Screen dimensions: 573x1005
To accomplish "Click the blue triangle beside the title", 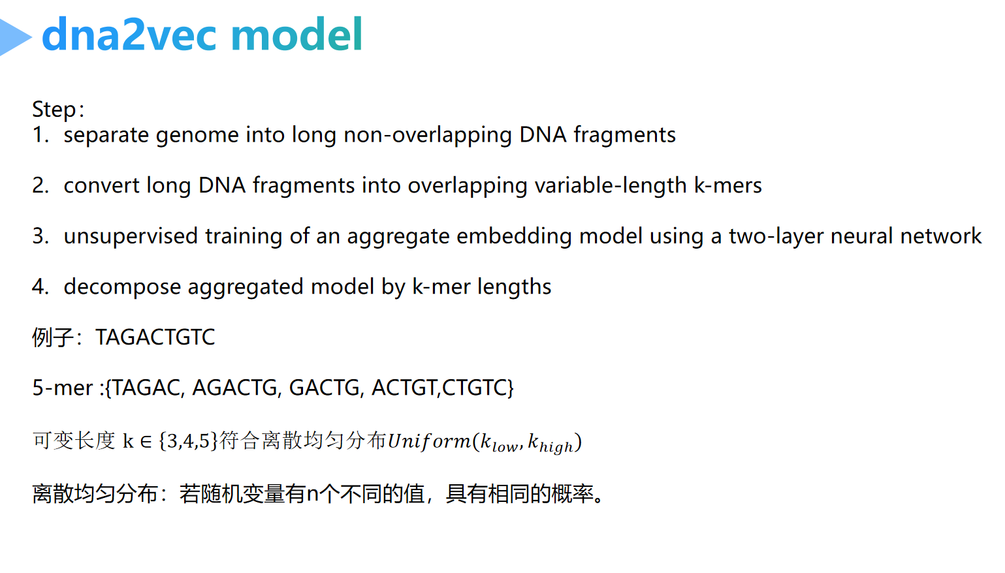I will click(x=14, y=37).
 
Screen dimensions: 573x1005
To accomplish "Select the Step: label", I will click(x=58, y=109).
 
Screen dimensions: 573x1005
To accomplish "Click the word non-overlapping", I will click(x=428, y=135).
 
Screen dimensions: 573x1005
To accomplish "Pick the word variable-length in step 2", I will click(x=610, y=186).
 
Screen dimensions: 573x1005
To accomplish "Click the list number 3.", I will click(x=40, y=236).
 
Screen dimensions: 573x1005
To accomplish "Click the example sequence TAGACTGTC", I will click(x=155, y=337).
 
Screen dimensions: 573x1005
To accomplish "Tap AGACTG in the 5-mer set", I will click(x=234, y=388).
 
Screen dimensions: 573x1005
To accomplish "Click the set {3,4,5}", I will click(x=188, y=441).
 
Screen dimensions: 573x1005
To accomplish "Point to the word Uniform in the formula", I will click(x=428, y=441).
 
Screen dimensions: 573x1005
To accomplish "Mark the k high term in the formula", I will click(x=550, y=444).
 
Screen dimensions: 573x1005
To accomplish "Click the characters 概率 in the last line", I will click(x=573, y=494).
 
